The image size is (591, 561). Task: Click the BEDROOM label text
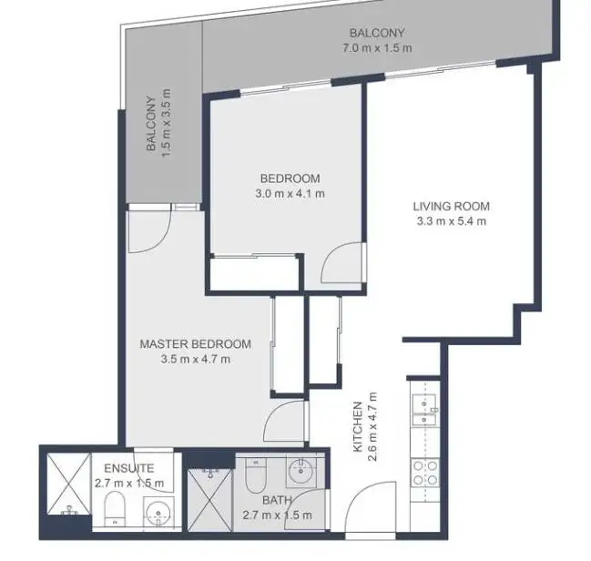pyautogui.click(x=290, y=178)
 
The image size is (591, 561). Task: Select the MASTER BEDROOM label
pyautogui.click(x=195, y=343)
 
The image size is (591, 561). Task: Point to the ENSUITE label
pyautogui.click(x=128, y=468)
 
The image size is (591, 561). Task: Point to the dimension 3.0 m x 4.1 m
pyautogui.click(x=290, y=193)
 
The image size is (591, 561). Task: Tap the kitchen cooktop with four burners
pyautogui.click(x=425, y=473)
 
